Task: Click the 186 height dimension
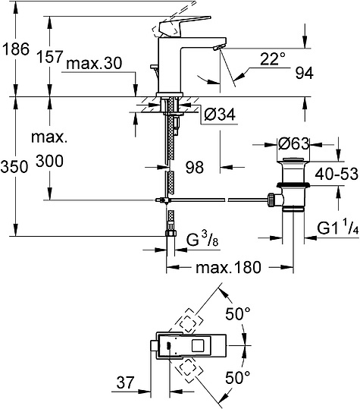tap(16, 49)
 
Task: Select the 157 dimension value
tap(50, 57)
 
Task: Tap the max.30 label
tap(94, 64)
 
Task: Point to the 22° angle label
tap(273, 58)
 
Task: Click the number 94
tap(304, 74)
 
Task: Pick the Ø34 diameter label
tap(220, 115)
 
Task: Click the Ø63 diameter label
tap(293, 143)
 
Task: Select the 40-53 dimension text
tap(337, 174)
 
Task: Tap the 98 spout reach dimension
tap(195, 167)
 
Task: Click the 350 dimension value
tap(14, 167)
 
